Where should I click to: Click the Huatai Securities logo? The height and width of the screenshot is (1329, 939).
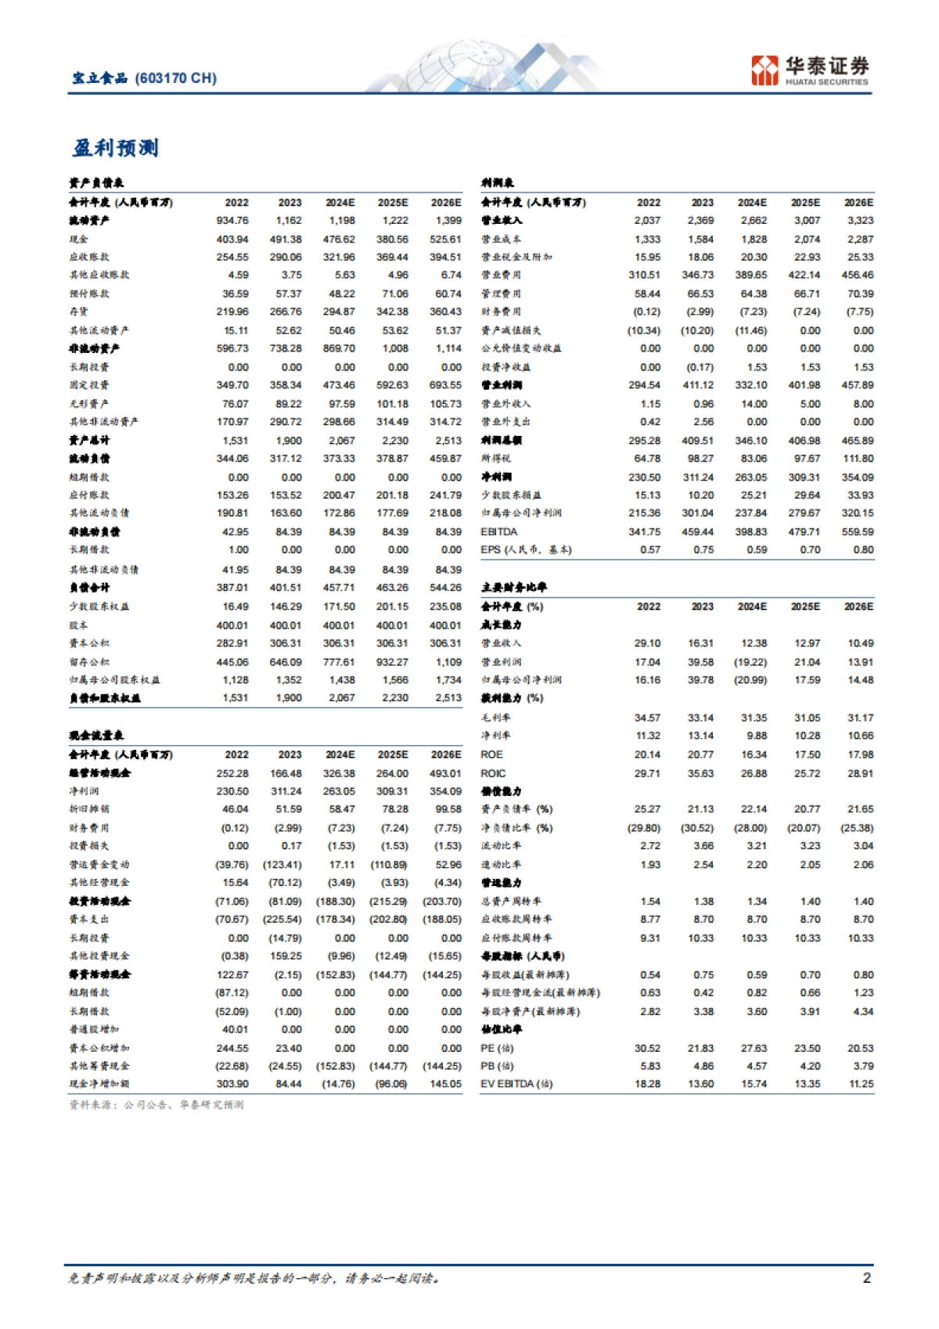pyautogui.click(x=809, y=70)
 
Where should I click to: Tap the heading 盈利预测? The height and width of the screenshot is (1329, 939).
pyautogui.click(x=116, y=148)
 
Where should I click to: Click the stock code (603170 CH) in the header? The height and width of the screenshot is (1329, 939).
pyautogui.click(x=176, y=78)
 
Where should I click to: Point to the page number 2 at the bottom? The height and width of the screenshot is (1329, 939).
pyautogui.click(x=866, y=1278)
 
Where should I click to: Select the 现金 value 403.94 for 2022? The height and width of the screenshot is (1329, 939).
pyautogui.click(x=232, y=240)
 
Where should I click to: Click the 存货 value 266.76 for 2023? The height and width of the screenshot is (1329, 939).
pyautogui.click(x=286, y=312)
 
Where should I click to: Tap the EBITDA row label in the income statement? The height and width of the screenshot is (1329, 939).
pyautogui.click(x=499, y=531)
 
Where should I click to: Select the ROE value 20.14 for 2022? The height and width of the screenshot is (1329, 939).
pyautogui.click(x=647, y=755)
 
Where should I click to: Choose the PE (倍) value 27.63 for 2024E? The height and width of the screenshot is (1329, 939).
pyautogui.click(x=754, y=1048)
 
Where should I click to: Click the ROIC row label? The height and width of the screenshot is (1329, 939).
pyautogui.click(x=493, y=773)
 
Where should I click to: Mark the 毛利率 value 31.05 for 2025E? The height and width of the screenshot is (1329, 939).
pyautogui.click(x=807, y=718)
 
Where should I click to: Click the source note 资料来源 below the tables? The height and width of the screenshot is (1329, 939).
pyautogui.click(x=156, y=1104)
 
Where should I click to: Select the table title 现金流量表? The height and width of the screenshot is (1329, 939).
pyautogui.click(x=96, y=736)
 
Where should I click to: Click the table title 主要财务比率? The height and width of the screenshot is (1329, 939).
pyautogui.click(x=514, y=587)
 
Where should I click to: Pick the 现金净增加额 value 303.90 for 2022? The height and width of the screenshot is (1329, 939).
pyautogui.click(x=232, y=1084)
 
